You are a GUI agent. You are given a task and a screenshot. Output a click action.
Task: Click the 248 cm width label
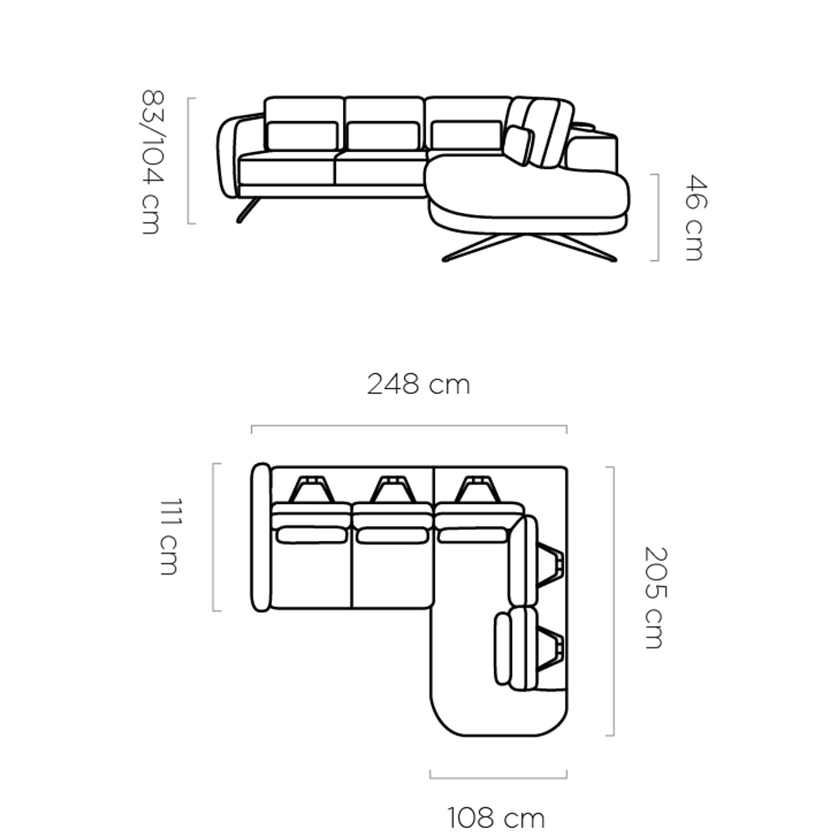tap(418, 385)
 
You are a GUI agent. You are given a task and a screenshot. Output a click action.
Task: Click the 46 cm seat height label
tap(696, 218)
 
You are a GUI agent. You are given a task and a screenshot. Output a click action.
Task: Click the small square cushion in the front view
tap(519, 146)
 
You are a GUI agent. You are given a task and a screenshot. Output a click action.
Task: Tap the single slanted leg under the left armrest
tap(248, 210)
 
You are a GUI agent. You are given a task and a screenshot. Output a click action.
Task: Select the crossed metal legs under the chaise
tap(529, 247)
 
